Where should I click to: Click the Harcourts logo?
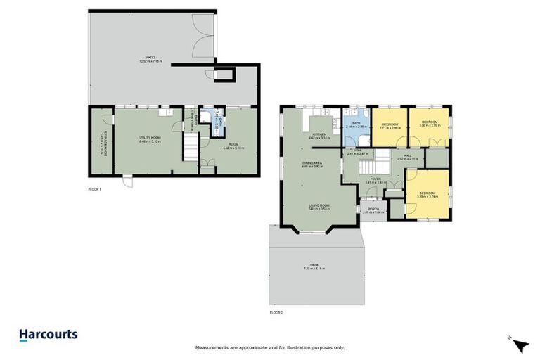pyautogui.click(x=48, y=335)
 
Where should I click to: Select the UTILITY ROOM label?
pyautogui.click(x=150, y=139)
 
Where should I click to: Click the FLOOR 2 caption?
pyautogui.click(x=277, y=311)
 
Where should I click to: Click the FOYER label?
pyautogui.click(x=376, y=180)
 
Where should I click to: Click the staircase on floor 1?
pyautogui.click(x=191, y=148)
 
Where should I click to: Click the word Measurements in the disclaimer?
pyautogui.click(x=211, y=348)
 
